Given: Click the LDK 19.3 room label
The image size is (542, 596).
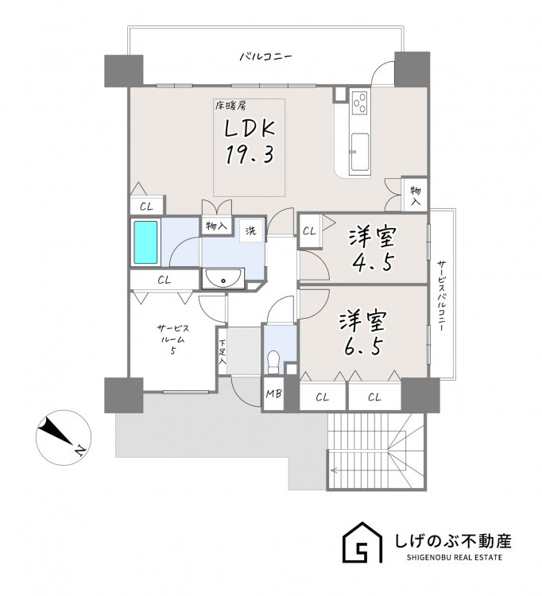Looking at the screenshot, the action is pyautogui.click(x=250, y=141).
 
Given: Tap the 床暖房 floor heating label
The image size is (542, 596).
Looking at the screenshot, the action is pyautogui.click(x=230, y=106).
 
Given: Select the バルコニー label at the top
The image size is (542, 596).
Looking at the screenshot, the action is pyautogui.click(x=265, y=57).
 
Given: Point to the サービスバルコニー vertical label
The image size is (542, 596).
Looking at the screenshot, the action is pyautogui.click(x=441, y=296).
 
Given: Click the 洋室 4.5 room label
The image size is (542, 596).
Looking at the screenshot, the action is pyautogui.click(x=373, y=250).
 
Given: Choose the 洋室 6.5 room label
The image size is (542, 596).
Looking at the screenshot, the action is pyautogui.click(x=363, y=334).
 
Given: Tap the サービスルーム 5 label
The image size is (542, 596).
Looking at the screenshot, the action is pyautogui.click(x=173, y=339).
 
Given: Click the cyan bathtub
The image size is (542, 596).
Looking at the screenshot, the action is pyautogui.click(x=145, y=242).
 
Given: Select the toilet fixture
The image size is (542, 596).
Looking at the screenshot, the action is pyautogui.click(x=273, y=362).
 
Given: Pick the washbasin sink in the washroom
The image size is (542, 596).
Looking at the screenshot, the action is pyautogui.click(x=223, y=279).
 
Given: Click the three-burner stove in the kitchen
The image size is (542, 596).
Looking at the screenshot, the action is pyautogui.click(x=360, y=103).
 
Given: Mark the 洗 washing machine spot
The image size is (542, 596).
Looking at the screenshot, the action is pyautogui.click(x=251, y=230).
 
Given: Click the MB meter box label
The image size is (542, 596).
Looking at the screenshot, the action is pyautogui.click(x=273, y=394).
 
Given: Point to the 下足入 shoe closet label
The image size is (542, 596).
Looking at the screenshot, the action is pyautogui.click(x=223, y=352).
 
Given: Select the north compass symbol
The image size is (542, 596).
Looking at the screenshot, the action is pyautogui.click(x=64, y=437).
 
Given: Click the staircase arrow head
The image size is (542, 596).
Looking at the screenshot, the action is pyautogui.click(x=333, y=470).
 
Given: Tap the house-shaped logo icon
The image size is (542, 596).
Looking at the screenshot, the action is pyautogui.click(x=362, y=543).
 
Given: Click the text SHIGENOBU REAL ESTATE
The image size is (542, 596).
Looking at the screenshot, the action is pyautogui.click(x=455, y=558).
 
